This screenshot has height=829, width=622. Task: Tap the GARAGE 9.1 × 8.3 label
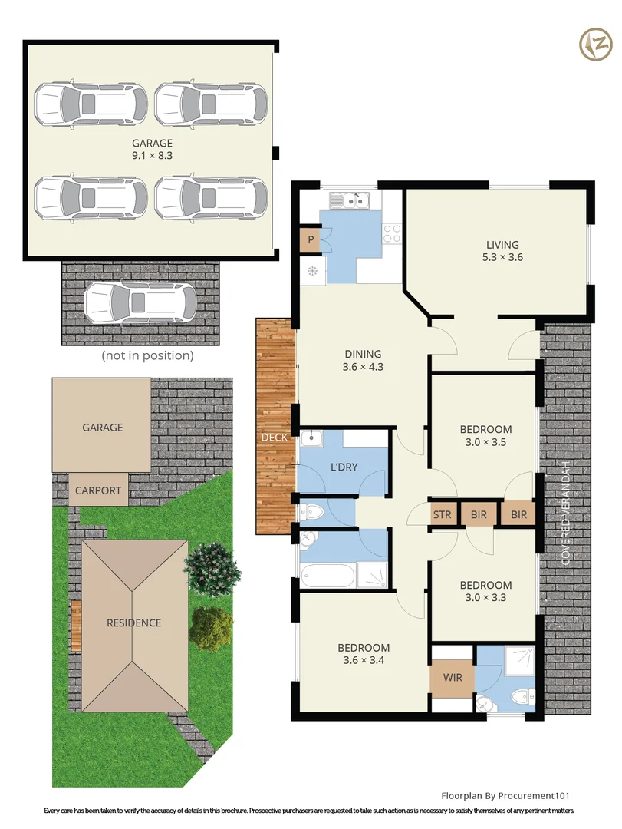click(152, 149)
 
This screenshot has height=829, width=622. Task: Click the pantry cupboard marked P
click(311, 239)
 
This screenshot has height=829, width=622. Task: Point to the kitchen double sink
click(349, 201)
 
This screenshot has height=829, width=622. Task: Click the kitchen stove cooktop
click(392, 233)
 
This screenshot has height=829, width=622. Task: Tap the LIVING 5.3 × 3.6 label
click(502, 251)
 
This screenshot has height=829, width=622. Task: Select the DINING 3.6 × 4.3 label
click(363, 360)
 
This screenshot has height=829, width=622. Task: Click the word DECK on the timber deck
click(275, 438)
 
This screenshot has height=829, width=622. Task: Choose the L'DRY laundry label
click(344, 467)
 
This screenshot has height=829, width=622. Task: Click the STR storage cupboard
click(442, 514)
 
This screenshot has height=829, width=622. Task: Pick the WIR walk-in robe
click(453, 678)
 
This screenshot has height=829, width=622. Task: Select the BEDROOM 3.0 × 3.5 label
click(485, 435)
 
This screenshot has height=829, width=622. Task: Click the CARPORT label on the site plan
click(99, 490)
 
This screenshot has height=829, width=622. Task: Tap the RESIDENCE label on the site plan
click(134, 623)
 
